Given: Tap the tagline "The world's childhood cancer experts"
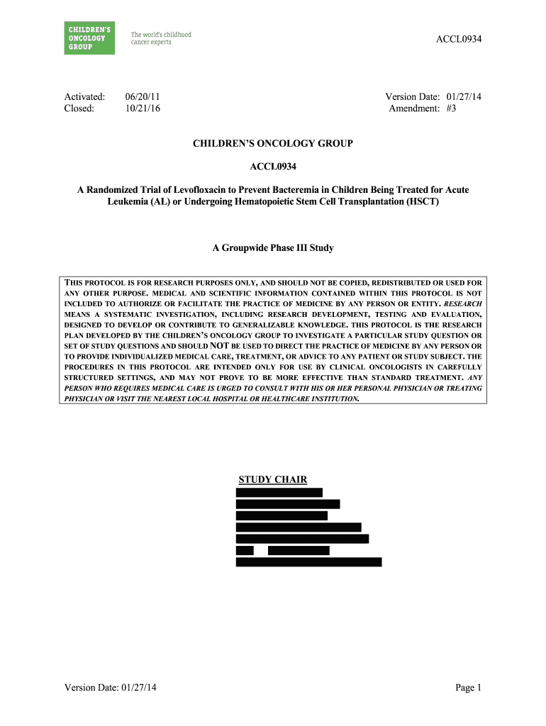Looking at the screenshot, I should [x=161, y=38].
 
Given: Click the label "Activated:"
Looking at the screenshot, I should [x=85, y=96].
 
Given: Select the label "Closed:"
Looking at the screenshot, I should [x=79, y=108].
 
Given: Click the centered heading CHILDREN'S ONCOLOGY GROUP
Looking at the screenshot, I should [x=273, y=143].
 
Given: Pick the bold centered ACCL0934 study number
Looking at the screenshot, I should [x=273, y=167].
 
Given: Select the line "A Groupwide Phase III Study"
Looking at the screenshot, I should [x=273, y=248].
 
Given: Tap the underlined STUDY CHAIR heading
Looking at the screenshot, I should [x=273, y=480].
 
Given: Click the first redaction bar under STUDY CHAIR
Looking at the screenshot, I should [x=279, y=493].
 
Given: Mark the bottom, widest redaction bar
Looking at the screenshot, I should [x=308, y=562].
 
